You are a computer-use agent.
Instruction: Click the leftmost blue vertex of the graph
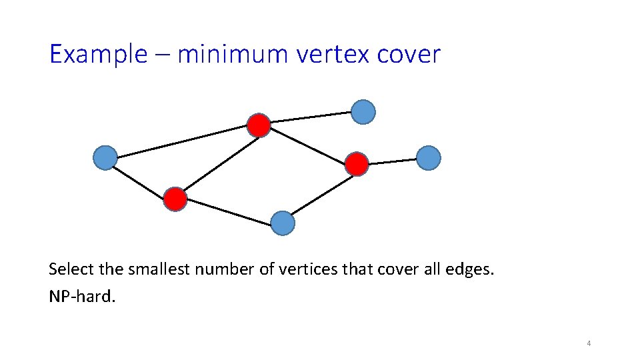pyautogui.click(x=105, y=158)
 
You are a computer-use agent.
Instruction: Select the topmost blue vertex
pyautogui.click(x=363, y=112)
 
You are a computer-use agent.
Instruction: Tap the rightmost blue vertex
pyautogui.click(x=429, y=158)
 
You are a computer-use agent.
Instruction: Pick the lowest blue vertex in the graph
pyautogui.click(x=283, y=223)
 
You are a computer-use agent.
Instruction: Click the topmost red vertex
pyautogui.click(x=259, y=125)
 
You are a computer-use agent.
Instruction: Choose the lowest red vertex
pyautogui.click(x=175, y=199)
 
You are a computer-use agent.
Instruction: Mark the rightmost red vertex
pyautogui.click(x=357, y=163)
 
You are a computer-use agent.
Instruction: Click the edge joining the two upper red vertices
pyautogui.click(x=308, y=144)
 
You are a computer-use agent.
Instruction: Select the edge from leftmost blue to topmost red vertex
pyautogui.click(x=182, y=141)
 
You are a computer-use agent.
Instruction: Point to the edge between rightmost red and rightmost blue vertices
pyautogui.click(x=393, y=161)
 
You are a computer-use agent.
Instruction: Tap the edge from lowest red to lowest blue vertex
pyautogui.click(x=229, y=211)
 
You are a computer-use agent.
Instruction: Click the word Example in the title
pyautogui.click(x=97, y=55)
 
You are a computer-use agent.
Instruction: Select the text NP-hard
pyautogui.click(x=82, y=296)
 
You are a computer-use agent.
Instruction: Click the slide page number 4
pyautogui.click(x=589, y=344)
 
